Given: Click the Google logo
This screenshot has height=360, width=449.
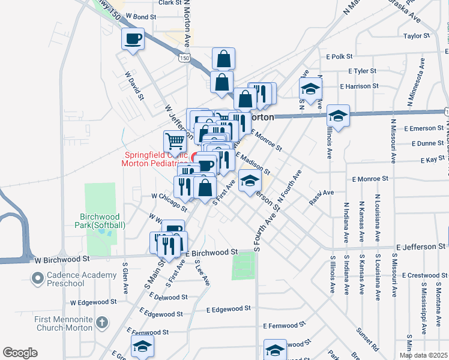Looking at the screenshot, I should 20,353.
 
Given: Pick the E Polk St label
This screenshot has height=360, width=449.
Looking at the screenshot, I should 339,56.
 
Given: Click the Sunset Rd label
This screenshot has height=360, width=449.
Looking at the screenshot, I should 367,339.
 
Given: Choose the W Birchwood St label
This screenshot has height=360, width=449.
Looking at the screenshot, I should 61,259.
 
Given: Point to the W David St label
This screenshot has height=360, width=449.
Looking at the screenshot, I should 135,86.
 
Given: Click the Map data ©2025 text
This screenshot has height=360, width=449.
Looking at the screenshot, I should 424,355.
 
